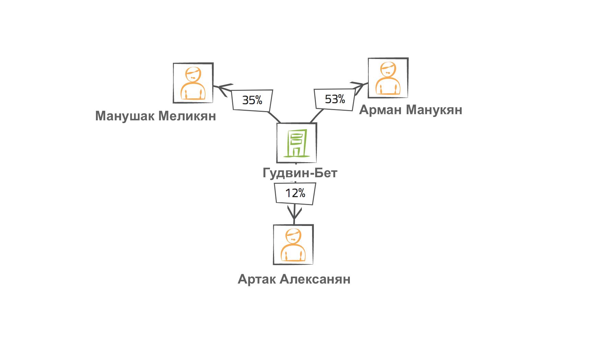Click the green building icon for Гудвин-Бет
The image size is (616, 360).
(x=296, y=143)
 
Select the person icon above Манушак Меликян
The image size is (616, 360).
(x=193, y=83)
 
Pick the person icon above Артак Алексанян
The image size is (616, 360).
(x=293, y=244)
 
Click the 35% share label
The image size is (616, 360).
(x=252, y=100)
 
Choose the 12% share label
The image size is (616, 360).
(x=295, y=193)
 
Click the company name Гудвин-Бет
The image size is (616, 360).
(x=300, y=172)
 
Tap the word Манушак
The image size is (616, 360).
(x=125, y=116)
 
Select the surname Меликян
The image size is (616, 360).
(x=187, y=116)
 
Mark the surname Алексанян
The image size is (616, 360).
(x=315, y=279)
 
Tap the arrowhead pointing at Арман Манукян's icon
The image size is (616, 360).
(x=358, y=87)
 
